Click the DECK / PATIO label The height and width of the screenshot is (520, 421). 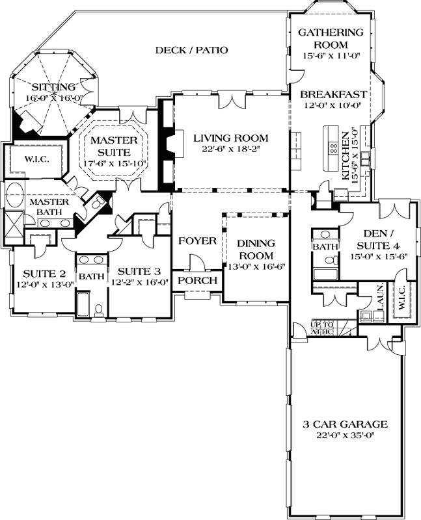192,50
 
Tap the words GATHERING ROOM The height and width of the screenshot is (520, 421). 330,38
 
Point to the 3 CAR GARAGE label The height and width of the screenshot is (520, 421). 345,424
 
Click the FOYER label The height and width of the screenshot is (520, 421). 197,241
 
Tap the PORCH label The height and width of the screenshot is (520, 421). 197,280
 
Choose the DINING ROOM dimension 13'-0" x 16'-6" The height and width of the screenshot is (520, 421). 256,266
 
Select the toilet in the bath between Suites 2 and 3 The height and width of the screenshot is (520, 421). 98,308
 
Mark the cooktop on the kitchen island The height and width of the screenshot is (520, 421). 332,147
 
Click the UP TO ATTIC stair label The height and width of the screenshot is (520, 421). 323,328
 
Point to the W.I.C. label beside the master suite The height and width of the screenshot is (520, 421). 33,159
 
